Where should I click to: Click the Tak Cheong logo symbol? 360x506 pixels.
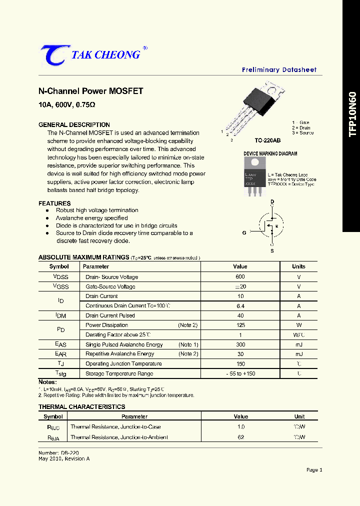pyautogui.click(x=52, y=54)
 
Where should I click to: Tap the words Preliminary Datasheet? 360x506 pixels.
pyautogui.click(x=279, y=70)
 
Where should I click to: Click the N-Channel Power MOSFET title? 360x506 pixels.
pyautogui.click(x=91, y=91)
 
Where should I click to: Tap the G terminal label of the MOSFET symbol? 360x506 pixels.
pyautogui.click(x=244, y=232)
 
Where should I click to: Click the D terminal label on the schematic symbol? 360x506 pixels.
pyautogui.click(x=272, y=201)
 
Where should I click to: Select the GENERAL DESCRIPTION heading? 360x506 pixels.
pyautogui.click(x=74, y=124)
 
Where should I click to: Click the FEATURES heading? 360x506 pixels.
pyautogui.click(x=54, y=203)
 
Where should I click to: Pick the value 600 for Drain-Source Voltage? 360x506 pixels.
pyautogui.click(x=240, y=276)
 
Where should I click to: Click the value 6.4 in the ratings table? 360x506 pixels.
pyautogui.click(x=240, y=306)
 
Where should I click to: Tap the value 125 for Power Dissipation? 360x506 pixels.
pyautogui.click(x=240, y=325)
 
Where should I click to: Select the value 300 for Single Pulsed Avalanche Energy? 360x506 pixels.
pyautogui.click(x=240, y=344)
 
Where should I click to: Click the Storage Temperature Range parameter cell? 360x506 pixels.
pyautogui.click(x=119, y=373)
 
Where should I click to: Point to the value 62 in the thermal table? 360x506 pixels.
pyautogui.click(x=240, y=437)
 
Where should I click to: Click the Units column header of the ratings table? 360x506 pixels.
pyautogui.click(x=298, y=266)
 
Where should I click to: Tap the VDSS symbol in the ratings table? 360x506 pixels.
pyautogui.click(x=60, y=276)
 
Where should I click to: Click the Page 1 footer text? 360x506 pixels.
pyautogui.click(x=314, y=469)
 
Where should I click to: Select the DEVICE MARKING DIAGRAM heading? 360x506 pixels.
pyautogui.click(x=270, y=153)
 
